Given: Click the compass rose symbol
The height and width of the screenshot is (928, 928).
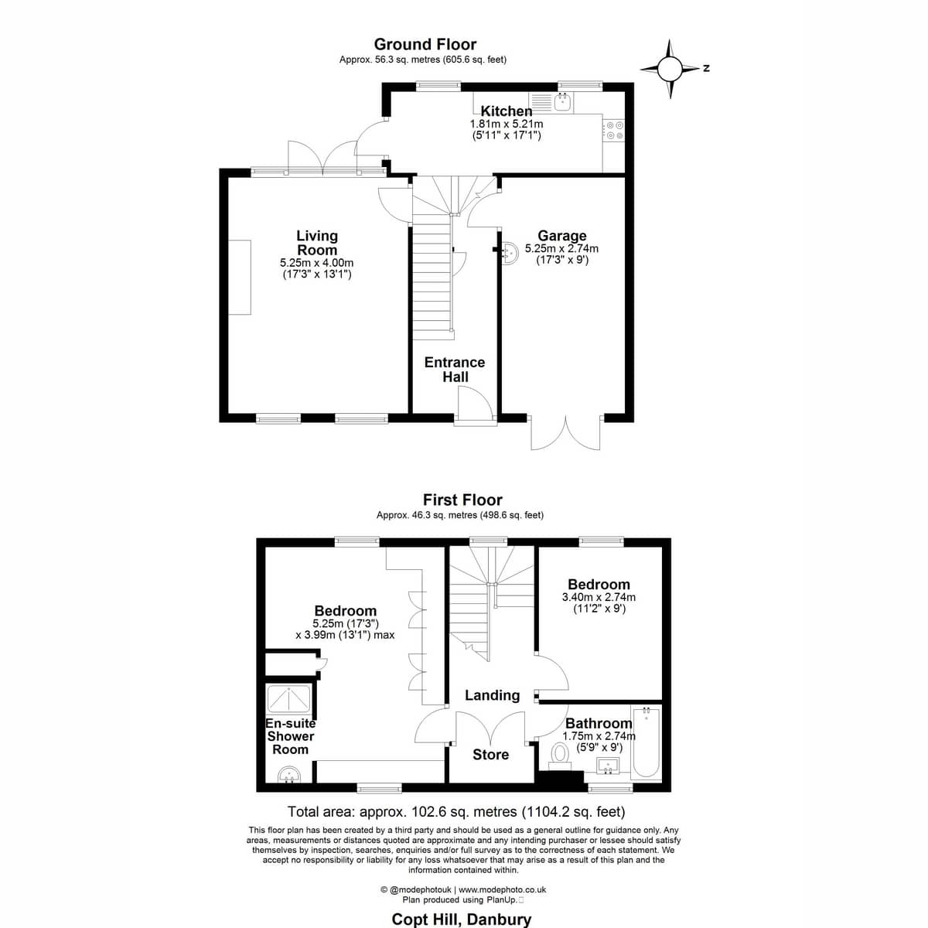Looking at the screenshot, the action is [x=670, y=69].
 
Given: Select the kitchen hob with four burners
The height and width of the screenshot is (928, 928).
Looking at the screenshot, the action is [x=614, y=130].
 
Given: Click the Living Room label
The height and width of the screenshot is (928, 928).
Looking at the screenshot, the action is [x=317, y=243].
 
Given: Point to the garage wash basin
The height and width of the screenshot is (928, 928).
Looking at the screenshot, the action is [x=509, y=252].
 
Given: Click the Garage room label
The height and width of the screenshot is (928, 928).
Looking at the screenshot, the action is [x=562, y=236].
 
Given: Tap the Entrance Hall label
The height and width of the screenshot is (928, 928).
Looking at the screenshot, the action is [x=455, y=370].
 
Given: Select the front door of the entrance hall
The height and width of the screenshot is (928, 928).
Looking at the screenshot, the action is [x=476, y=407].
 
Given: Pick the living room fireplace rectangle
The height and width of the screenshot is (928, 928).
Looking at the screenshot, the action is [x=239, y=277].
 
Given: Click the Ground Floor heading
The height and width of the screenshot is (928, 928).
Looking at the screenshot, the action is [x=425, y=44].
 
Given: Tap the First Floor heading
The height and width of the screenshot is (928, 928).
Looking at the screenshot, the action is [x=462, y=500].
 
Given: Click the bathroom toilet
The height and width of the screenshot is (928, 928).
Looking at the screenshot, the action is [x=560, y=758].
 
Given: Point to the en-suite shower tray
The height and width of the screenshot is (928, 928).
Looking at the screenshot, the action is [x=288, y=699].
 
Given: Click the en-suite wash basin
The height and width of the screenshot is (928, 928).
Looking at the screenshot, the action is [x=289, y=775].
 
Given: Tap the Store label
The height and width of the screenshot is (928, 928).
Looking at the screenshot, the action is [x=490, y=755].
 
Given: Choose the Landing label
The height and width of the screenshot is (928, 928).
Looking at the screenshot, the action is [x=492, y=695].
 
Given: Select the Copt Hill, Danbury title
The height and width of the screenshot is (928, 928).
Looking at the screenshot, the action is [x=462, y=919].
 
